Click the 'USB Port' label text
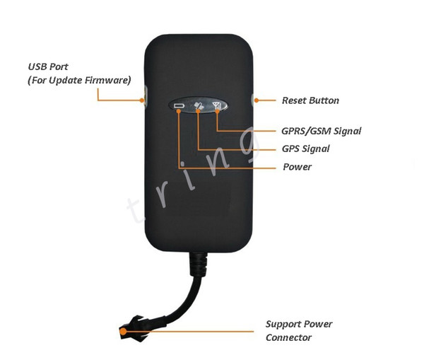click(x=48, y=66)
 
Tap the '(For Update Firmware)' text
click(x=79, y=81)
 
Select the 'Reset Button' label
click(x=310, y=100)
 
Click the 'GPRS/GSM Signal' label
click(x=322, y=131)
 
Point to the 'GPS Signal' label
click(x=305, y=149)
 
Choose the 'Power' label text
click(x=297, y=167)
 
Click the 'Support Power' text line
click(x=299, y=324)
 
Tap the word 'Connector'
click(x=288, y=337)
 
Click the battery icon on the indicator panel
click(x=179, y=105)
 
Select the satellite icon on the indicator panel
click(x=199, y=105)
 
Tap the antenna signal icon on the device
click(x=217, y=105)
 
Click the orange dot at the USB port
click(x=142, y=100)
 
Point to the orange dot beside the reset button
click(x=257, y=100)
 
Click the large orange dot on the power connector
click(x=123, y=331)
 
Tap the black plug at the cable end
click(x=134, y=328)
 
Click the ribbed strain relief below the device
click(x=199, y=264)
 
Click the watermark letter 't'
click(x=136, y=210)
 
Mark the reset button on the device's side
click(x=252, y=100)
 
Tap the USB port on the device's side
click(x=146, y=96)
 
